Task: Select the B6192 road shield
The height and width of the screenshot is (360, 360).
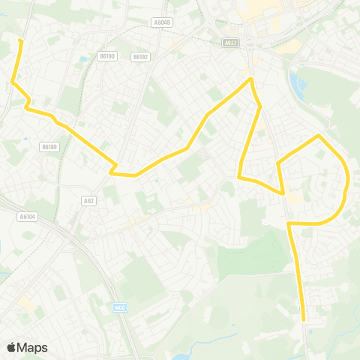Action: (140, 56)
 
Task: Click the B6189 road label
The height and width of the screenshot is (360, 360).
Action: (49, 147)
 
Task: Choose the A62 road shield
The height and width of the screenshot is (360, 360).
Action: (88, 201)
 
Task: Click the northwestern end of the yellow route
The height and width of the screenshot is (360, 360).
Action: (19, 40)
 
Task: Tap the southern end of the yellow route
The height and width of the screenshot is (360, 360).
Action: (304, 319)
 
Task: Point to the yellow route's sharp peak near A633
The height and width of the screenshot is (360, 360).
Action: (251, 79)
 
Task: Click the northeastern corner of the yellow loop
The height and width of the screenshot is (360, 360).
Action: (320, 136)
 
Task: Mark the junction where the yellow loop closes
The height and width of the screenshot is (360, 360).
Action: (289, 223)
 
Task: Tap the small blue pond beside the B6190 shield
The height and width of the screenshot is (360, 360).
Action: (82, 59)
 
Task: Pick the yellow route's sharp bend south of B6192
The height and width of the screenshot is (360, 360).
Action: (112, 172)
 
